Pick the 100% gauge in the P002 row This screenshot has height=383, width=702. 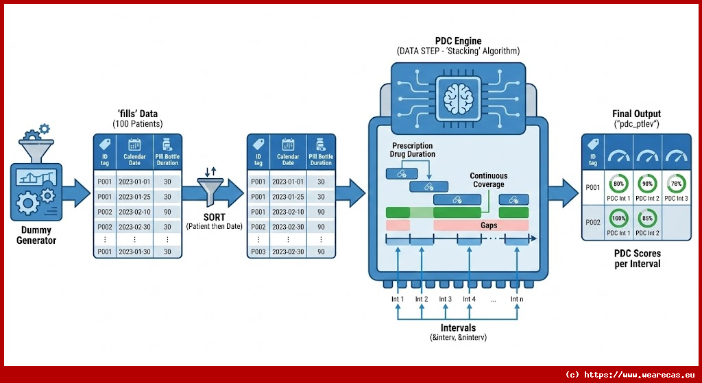(618, 219)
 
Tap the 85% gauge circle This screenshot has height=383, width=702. (646, 219)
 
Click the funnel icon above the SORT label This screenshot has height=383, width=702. (213, 188)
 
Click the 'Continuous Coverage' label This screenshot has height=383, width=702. (487, 180)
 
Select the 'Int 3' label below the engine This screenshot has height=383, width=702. (445, 299)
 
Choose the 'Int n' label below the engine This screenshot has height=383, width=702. (516, 299)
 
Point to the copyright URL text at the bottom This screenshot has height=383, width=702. (630, 374)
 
